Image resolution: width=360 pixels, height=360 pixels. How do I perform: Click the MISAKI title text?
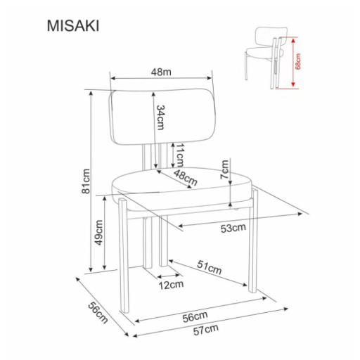[x=73, y=26]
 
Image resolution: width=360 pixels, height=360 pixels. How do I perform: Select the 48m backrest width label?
[x=162, y=71]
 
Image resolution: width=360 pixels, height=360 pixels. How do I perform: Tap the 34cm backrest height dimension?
[x=160, y=117]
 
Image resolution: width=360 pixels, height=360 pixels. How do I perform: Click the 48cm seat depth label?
[x=186, y=177]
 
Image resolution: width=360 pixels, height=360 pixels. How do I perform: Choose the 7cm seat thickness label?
[x=225, y=169]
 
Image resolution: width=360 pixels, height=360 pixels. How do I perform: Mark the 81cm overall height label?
[x=85, y=181]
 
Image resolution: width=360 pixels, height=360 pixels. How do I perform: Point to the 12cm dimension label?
[x=170, y=285]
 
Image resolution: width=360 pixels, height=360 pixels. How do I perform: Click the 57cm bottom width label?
[x=205, y=328]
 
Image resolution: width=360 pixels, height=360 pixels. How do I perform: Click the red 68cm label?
[x=298, y=63]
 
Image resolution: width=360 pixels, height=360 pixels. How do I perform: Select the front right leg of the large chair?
[x=253, y=239]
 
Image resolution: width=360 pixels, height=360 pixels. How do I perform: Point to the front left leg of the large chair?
[x=123, y=264]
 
